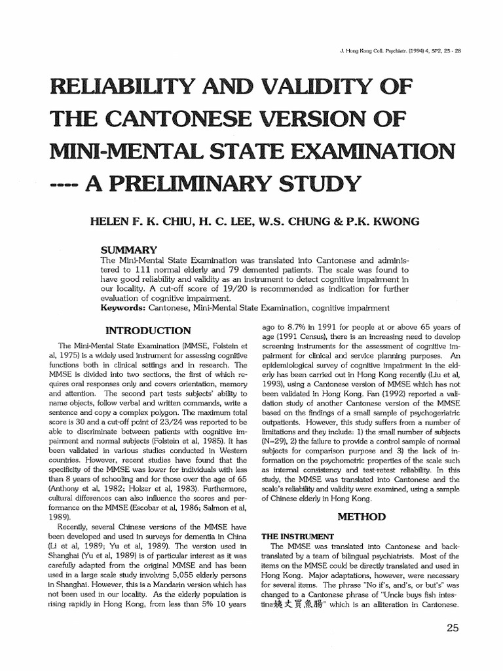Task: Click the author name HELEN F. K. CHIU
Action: click(140, 222)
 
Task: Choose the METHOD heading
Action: click(361, 516)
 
